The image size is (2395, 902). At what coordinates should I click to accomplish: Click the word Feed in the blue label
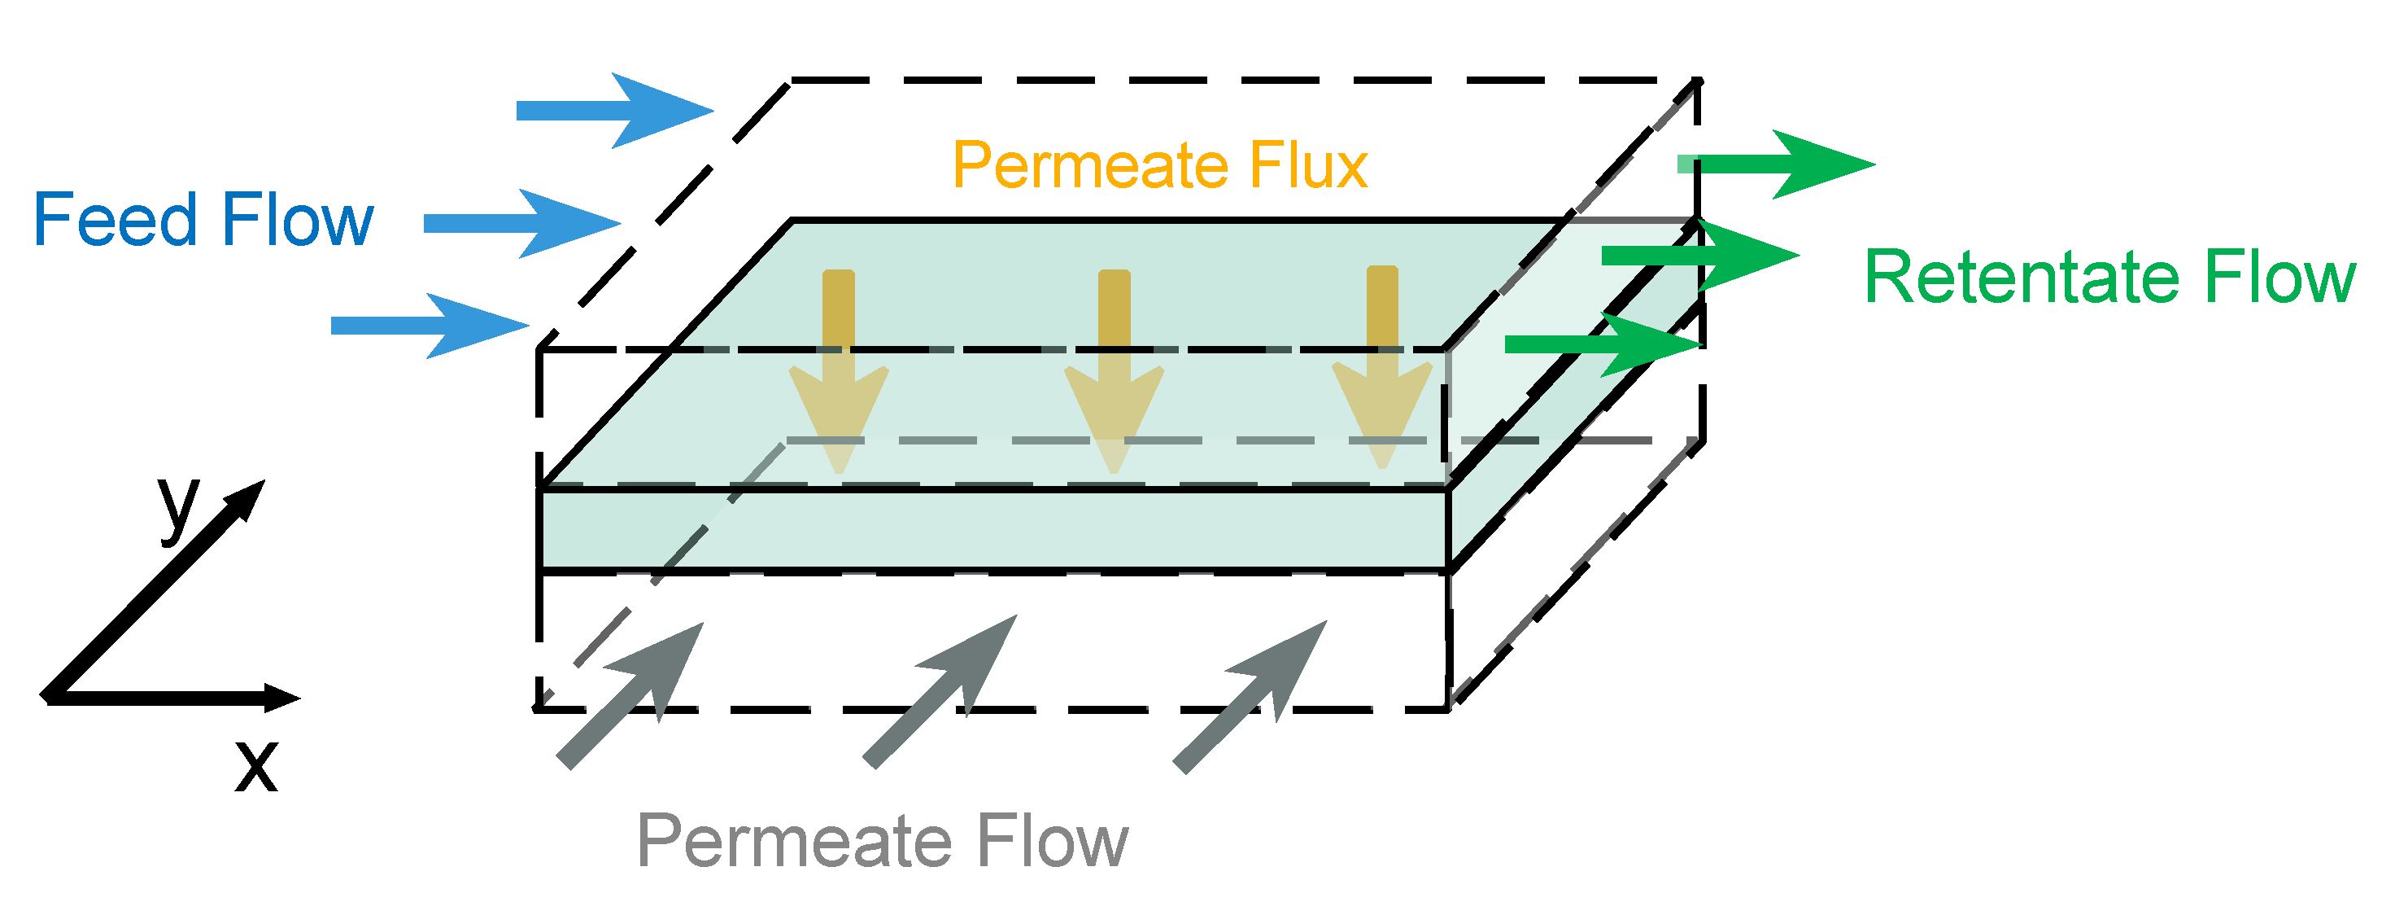[x=116, y=221]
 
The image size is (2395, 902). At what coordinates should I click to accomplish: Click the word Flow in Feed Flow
[x=298, y=221]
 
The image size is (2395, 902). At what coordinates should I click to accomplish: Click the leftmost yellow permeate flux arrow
[x=840, y=372]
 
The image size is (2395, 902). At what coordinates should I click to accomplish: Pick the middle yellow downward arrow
[x=1115, y=372]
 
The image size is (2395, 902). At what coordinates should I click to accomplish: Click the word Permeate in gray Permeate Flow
[x=794, y=842]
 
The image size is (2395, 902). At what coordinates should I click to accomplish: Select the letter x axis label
[x=256, y=766]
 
